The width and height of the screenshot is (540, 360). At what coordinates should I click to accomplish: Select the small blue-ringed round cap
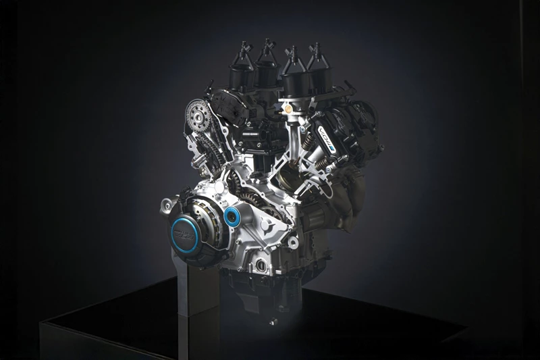coord(234,216)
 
